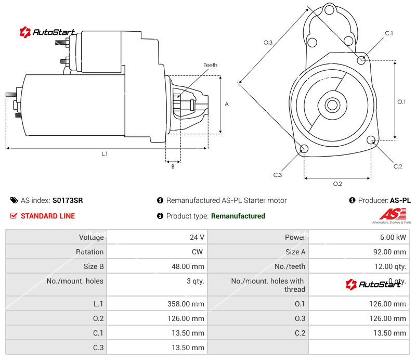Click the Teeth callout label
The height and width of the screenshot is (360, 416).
[210, 65]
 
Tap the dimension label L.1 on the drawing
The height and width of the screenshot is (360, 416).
[105, 153]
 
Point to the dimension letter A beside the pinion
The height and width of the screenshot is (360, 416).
[227, 104]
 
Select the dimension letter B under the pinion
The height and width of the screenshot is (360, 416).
[173, 166]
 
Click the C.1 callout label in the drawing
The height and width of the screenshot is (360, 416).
[388, 33]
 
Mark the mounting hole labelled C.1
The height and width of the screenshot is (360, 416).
[361, 60]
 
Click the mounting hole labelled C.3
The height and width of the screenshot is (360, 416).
[304, 150]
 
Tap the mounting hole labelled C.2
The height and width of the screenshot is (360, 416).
[371, 140]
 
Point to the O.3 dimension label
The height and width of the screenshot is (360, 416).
[268, 43]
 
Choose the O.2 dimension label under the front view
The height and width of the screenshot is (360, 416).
[337, 184]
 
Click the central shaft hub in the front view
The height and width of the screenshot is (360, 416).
[332, 105]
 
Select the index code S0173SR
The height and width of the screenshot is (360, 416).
[68, 200]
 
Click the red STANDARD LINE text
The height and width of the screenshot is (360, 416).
[47, 216]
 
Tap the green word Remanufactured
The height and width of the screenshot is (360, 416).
[238, 216]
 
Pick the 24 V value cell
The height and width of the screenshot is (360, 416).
[197, 237]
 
